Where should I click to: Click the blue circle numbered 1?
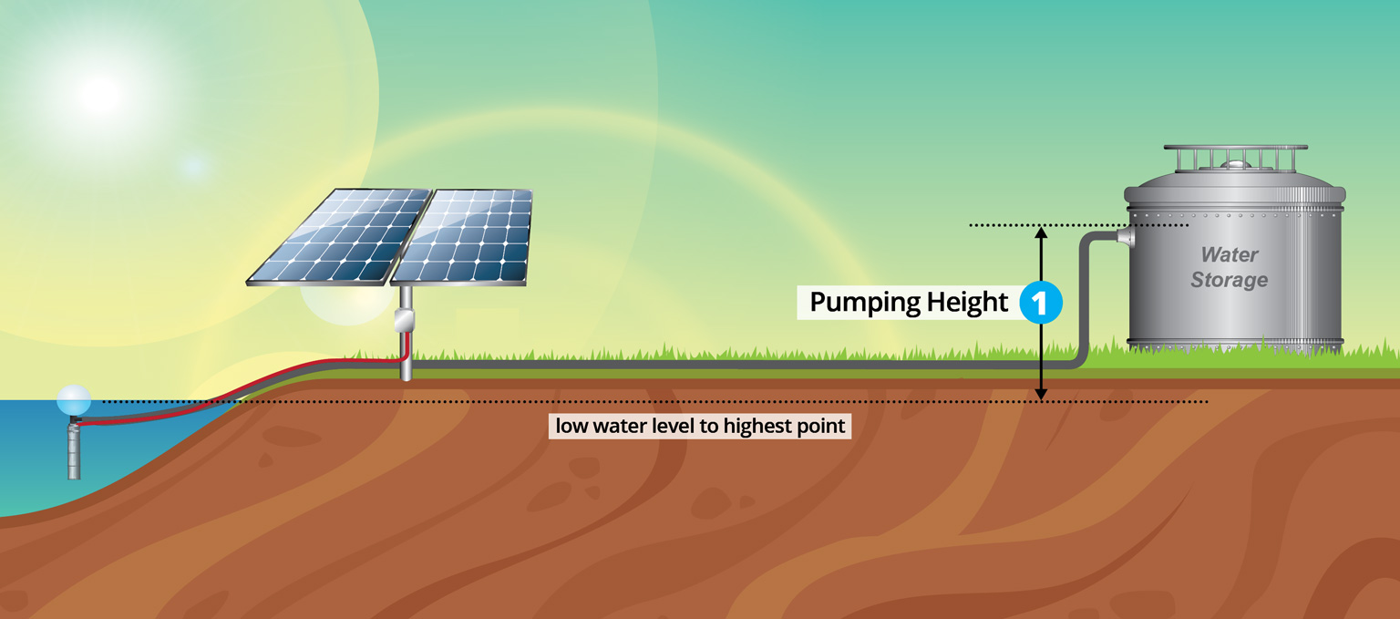1041,303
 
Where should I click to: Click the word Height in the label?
967,303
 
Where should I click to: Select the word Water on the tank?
1230,254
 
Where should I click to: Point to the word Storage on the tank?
1230,280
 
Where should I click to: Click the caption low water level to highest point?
700,427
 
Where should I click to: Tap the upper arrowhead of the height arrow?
1041,232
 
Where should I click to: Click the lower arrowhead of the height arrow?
1041,394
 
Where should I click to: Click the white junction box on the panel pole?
405,320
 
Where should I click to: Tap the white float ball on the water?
74,400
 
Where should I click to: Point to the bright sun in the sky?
100,95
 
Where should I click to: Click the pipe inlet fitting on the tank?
1126,236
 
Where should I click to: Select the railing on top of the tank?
1235,159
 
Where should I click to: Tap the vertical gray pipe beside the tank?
1084,300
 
